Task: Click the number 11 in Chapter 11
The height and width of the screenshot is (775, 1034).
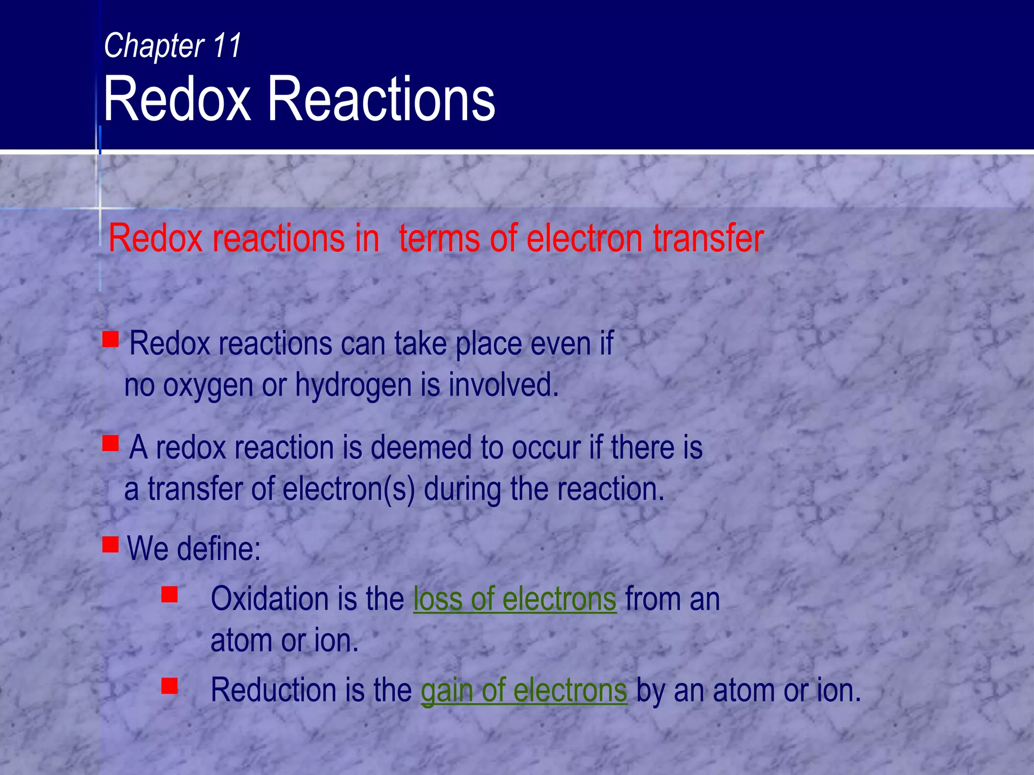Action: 227,45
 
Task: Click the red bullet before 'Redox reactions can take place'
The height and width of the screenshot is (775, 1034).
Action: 111,339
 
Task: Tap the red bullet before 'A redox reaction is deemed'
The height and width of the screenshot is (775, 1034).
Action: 111,444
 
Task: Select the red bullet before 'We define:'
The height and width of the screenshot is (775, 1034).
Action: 111,544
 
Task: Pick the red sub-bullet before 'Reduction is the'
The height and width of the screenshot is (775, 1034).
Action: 170,686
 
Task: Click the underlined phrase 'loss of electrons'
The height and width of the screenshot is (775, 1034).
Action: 514,599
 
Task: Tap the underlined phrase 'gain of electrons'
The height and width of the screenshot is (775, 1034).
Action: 524,690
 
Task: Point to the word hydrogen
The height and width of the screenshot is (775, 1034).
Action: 353,385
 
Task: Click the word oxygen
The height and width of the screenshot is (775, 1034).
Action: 208,385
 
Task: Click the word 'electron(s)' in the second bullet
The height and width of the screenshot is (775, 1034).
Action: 348,489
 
